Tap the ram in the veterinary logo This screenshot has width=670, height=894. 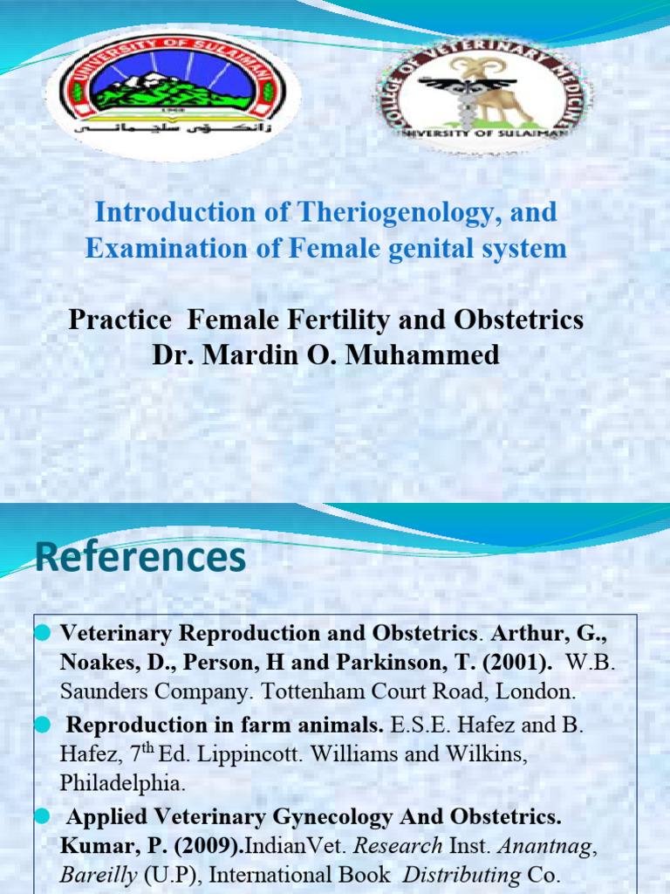502,87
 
